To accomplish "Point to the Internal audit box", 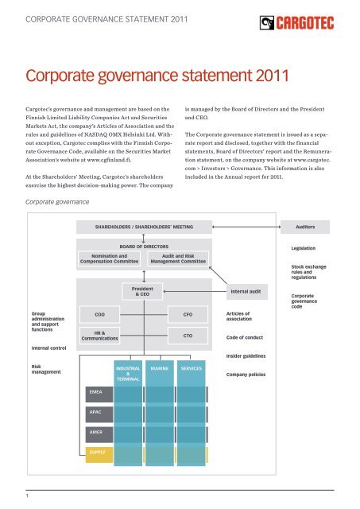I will point(246,292).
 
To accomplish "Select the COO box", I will point(100,316).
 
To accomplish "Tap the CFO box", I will point(188,316).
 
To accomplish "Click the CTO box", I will point(188,337).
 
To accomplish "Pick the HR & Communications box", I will point(100,337).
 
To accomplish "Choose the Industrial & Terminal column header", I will point(128,375).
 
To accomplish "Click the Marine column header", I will point(159,370).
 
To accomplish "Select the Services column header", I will point(191,370).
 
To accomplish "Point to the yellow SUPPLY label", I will point(97,452).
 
